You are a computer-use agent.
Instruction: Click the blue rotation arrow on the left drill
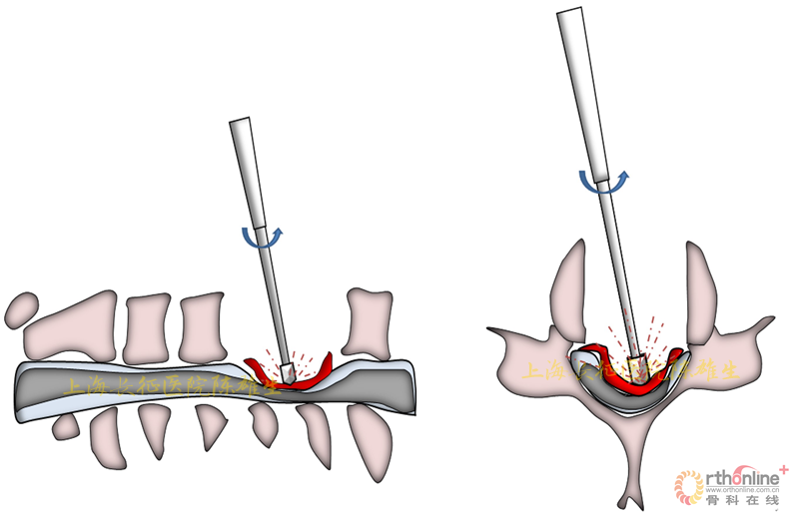262,238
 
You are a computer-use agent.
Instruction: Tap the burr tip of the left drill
288,369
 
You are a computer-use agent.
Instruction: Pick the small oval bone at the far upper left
20,310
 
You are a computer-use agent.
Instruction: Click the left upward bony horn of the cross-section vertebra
568,284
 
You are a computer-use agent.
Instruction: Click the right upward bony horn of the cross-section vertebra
702,284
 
